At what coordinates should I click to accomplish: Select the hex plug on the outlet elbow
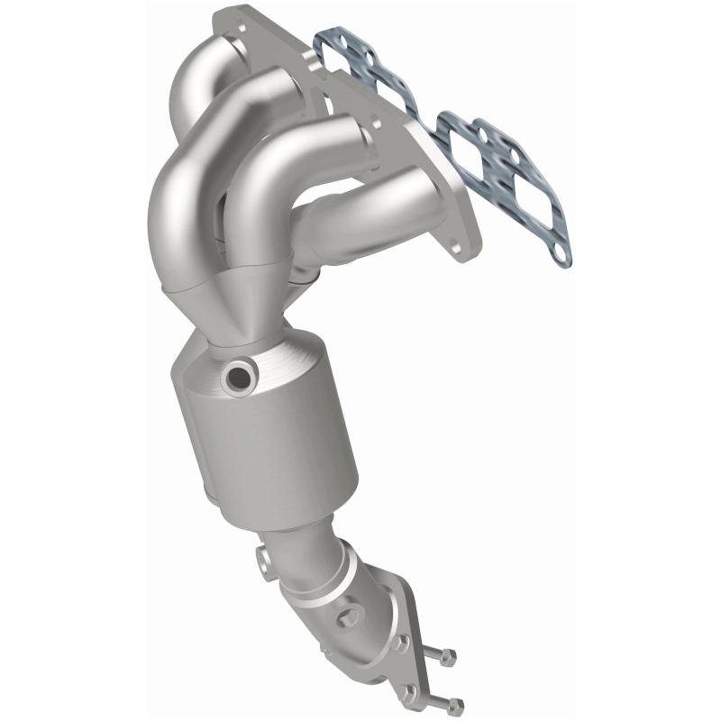pos(347,620)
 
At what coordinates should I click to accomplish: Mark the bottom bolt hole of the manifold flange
pos(464,243)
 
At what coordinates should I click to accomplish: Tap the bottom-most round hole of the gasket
pos(561,256)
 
